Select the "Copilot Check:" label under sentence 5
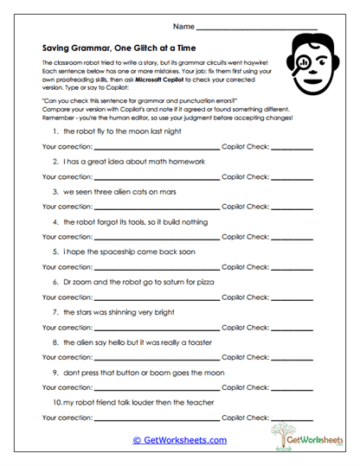[246, 266]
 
